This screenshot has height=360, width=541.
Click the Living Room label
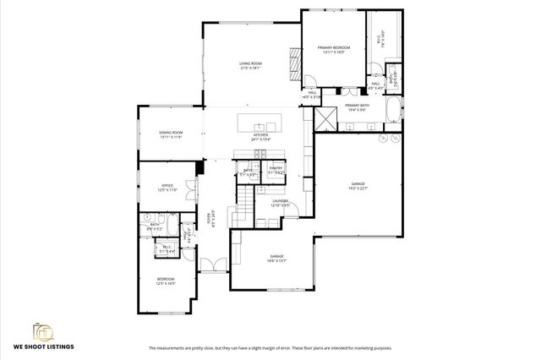250,64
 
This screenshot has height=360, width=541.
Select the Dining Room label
171,134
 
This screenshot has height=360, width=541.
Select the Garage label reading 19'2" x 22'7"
358,184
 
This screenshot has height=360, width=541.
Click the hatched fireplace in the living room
296,62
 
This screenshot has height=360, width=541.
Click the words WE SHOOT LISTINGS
44,346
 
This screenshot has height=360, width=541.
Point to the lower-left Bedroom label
165,281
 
